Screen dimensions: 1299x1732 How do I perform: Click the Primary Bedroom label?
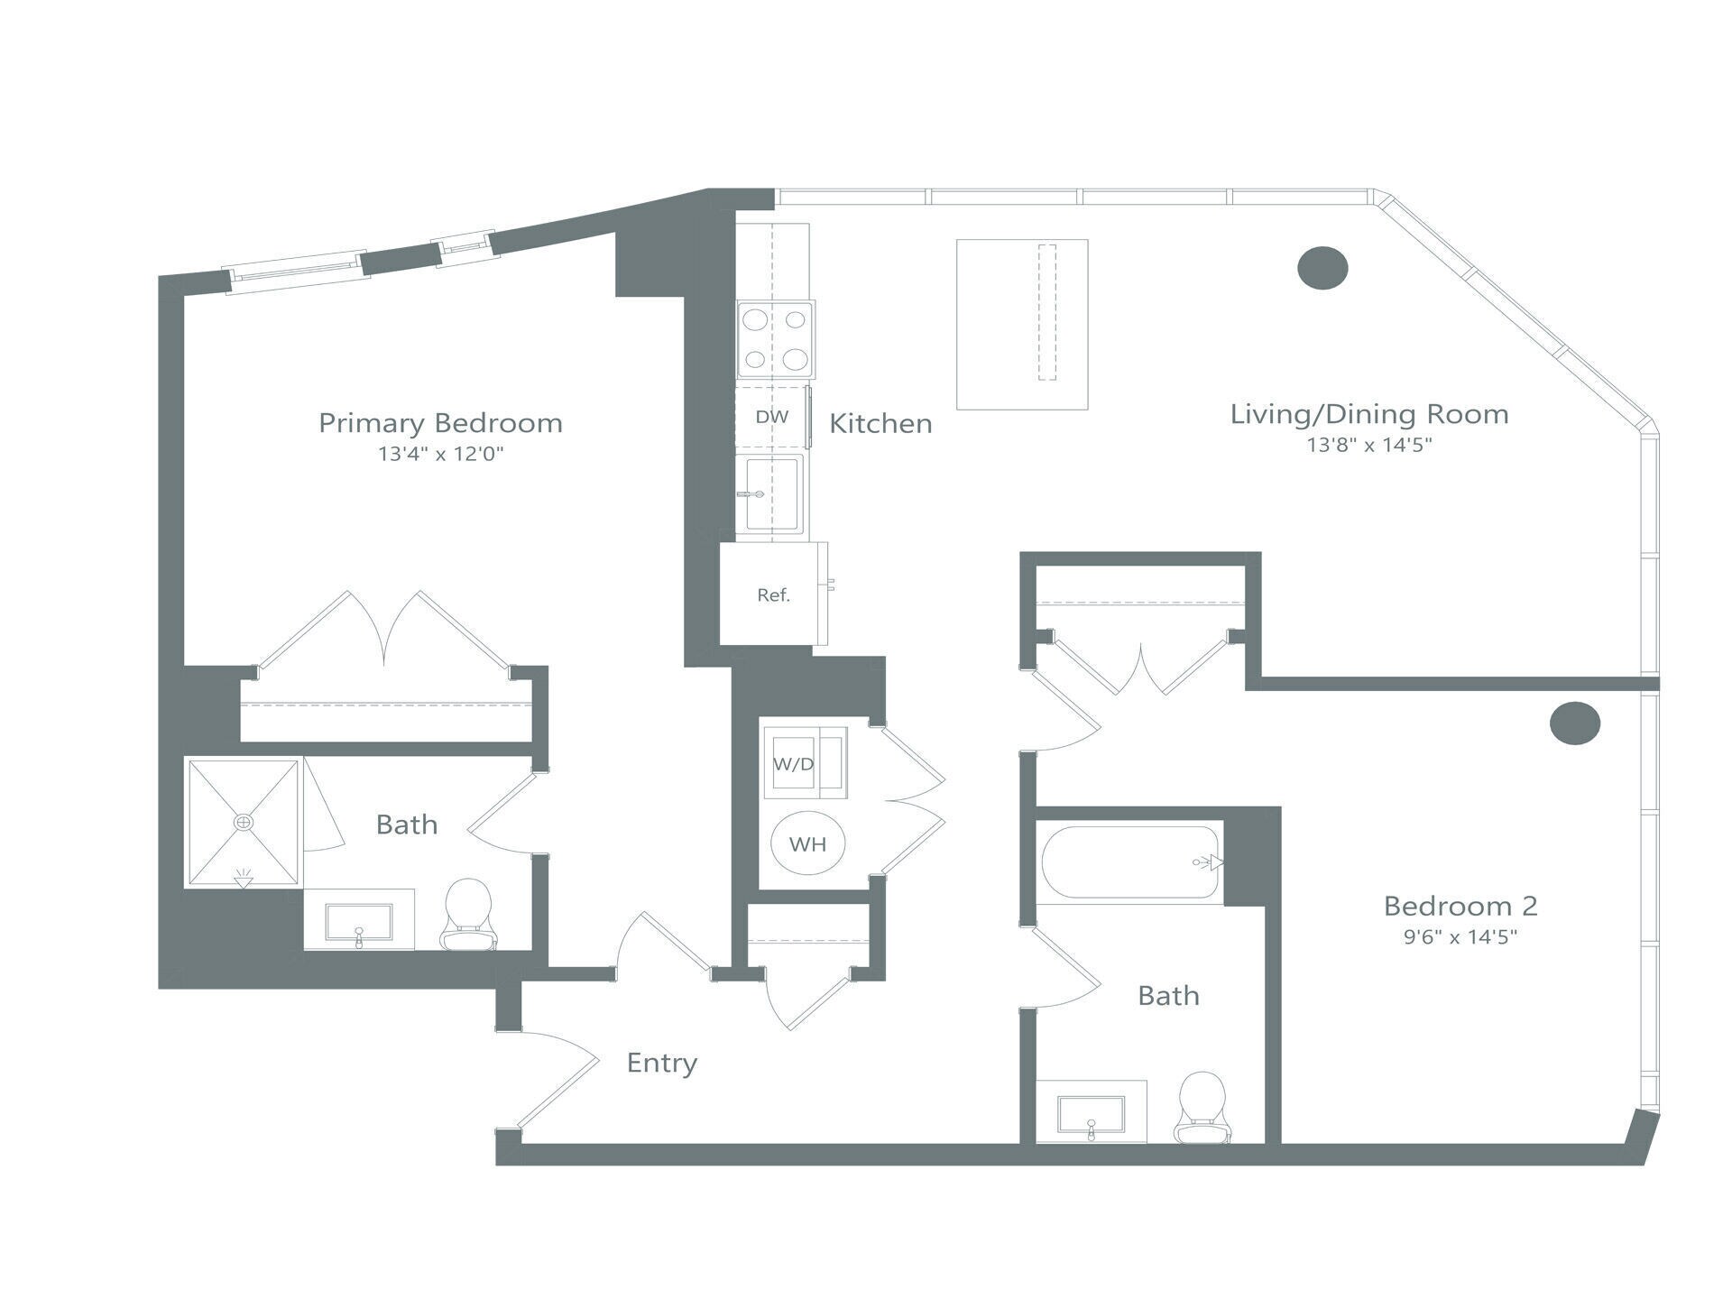pyautogui.click(x=440, y=423)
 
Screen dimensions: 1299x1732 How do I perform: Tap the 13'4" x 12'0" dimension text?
pyautogui.click(x=440, y=454)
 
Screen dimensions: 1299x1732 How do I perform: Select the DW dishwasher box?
pyautogui.click(x=771, y=417)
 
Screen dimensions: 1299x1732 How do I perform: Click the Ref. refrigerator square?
pyautogui.click(x=773, y=594)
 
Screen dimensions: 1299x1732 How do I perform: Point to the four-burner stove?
pyautogui.click(x=775, y=339)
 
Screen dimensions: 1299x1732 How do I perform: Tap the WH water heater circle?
pyautogui.click(x=807, y=844)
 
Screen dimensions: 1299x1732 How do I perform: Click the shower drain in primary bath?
pyautogui.click(x=244, y=822)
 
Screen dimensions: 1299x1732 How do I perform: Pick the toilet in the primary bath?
pyautogui.click(x=469, y=915)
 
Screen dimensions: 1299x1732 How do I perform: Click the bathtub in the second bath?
pyautogui.click(x=1131, y=862)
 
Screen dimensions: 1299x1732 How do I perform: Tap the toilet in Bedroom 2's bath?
pyautogui.click(x=1202, y=1108)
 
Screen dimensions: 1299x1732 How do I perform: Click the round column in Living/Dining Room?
pyautogui.click(x=1322, y=268)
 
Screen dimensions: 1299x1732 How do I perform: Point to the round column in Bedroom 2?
pyautogui.click(x=1575, y=723)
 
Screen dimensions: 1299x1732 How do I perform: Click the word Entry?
pyautogui.click(x=662, y=1063)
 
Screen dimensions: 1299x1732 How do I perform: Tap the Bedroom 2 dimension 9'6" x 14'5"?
pyautogui.click(x=1460, y=936)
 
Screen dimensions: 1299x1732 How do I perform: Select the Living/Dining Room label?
pyautogui.click(x=1369, y=414)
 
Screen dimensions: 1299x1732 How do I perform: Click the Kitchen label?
pyautogui.click(x=880, y=423)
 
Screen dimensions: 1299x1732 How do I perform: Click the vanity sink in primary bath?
pyautogui.click(x=359, y=923)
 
